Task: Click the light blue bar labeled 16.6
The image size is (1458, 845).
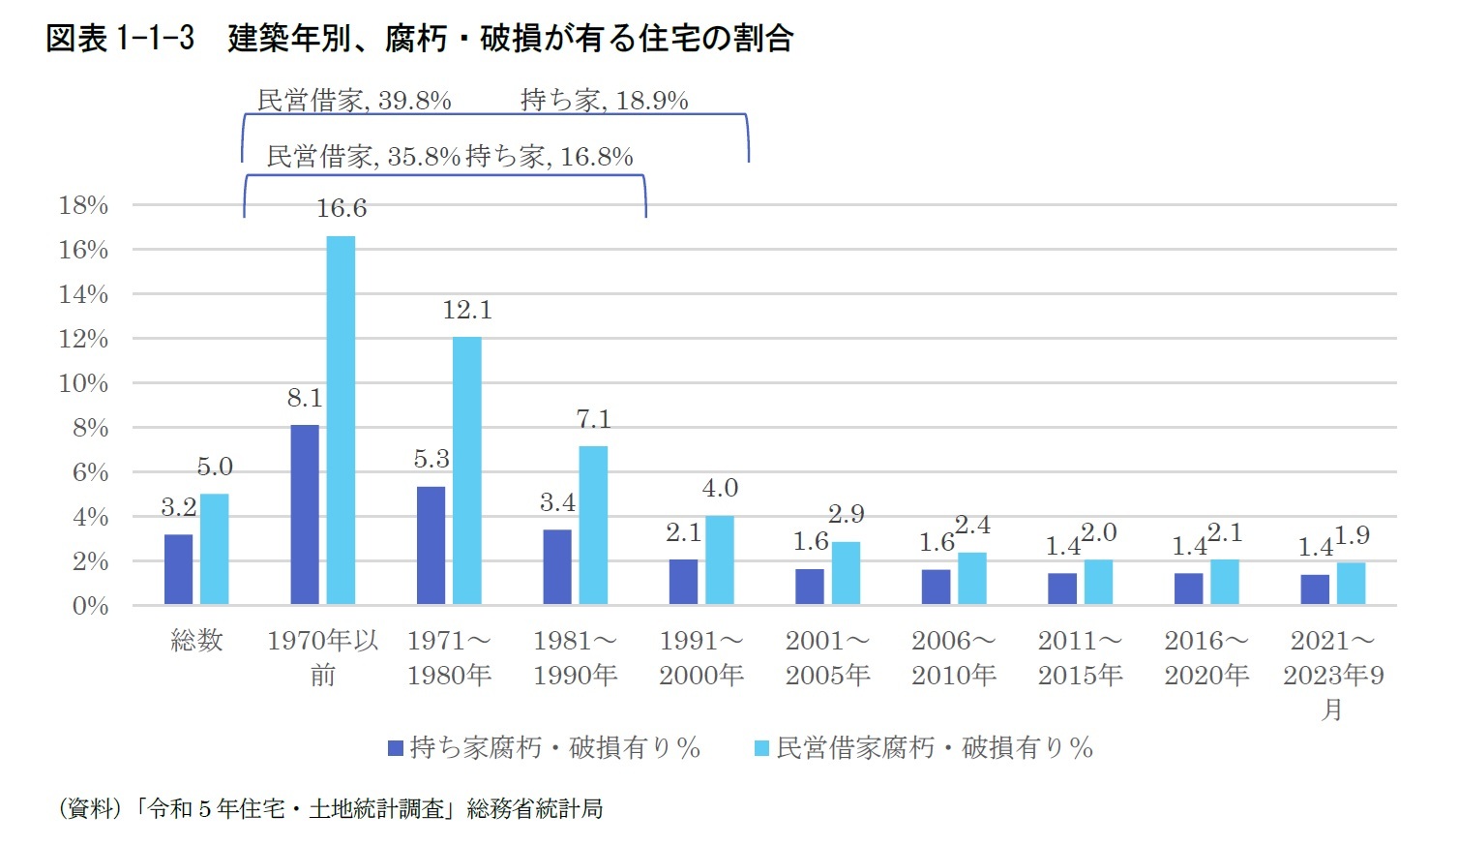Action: click(x=341, y=420)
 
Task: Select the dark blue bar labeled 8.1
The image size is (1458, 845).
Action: click(x=305, y=515)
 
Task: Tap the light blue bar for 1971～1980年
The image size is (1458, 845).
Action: click(x=467, y=470)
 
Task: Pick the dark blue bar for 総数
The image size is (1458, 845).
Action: click(x=178, y=569)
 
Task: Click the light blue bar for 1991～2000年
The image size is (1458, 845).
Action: click(x=720, y=560)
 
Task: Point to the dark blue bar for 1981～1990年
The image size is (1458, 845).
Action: click(x=557, y=567)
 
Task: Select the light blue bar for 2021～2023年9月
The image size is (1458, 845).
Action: click(x=1352, y=584)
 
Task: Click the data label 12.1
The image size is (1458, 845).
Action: click(x=467, y=311)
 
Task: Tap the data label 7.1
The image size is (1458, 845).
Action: click(x=593, y=419)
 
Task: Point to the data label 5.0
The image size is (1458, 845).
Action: click(x=215, y=468)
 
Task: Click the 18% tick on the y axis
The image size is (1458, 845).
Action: click(x=83, y=205)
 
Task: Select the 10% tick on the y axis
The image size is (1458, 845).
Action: click(x=83, y=383)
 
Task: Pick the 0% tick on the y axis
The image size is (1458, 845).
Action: click(x=91, y=606)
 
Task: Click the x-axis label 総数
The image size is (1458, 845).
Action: click(x=196, y=641)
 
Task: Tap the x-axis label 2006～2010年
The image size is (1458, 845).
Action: click(x=954, y=658)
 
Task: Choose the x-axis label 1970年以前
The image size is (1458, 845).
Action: click(x=323, y=658)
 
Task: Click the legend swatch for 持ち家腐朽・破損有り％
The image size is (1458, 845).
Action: click(x=395, y=748)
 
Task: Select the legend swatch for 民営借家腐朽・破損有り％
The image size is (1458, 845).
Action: click(x=761, y=748)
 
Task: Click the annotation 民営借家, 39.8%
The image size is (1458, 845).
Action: click(x=354, y=101)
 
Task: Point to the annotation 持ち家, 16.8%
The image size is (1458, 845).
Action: click(x=550, y=157)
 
